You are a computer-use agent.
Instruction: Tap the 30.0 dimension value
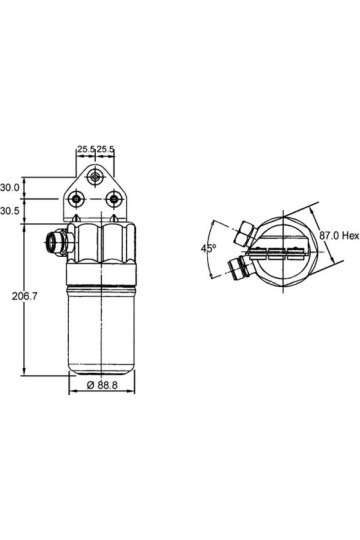(11, 187)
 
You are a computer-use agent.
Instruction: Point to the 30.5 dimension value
(11, 212)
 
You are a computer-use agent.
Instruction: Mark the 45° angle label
(207, 247)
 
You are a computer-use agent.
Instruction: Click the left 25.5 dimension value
(85, 150)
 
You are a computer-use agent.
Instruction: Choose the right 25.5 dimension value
(105, 150)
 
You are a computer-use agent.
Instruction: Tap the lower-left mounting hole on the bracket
(76, 200)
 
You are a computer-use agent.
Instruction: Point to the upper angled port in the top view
(241, 235)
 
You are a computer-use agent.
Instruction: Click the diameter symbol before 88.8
(89, 386)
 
